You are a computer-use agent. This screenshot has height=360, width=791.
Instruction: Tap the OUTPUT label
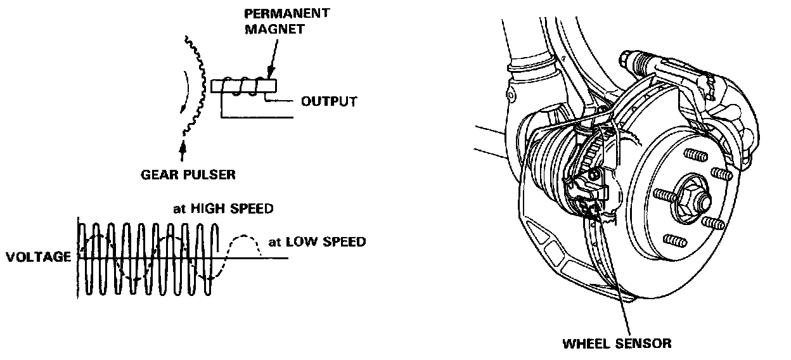(328, 101)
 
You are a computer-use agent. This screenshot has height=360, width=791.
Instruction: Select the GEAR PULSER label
(188, 174)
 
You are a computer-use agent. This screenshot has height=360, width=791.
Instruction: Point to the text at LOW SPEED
(317, 241)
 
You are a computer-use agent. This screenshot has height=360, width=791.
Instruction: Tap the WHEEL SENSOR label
(616, 344)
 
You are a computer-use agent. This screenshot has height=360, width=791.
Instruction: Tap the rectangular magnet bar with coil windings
(244, 86)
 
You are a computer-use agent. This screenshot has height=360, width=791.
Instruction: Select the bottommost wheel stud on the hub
(673, 240)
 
